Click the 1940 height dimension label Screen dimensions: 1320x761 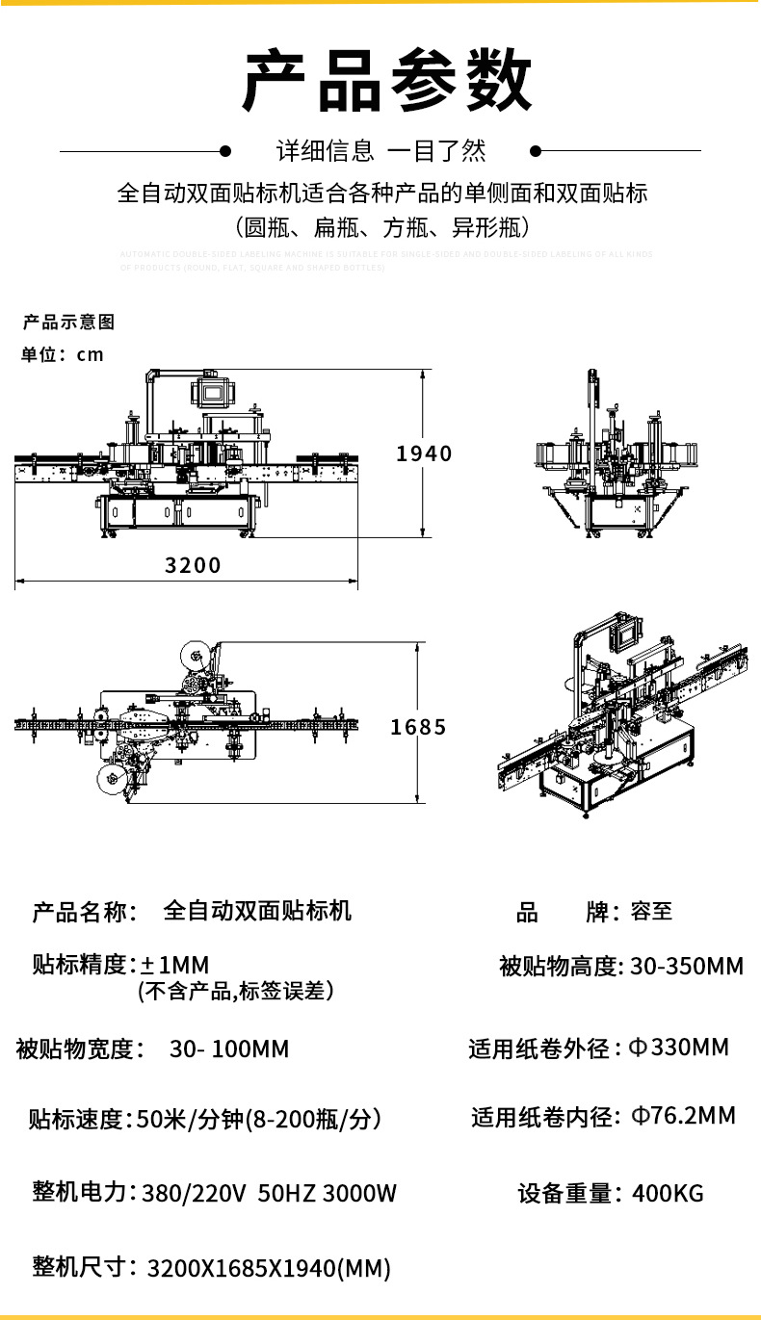click(x=424, y=453)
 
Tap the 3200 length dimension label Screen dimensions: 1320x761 click(x=193, y=565)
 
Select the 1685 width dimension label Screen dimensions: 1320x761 click(x=418, y=727)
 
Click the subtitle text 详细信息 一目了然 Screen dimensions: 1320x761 click(x=381, y=151)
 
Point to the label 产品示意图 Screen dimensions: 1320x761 click(x=68, y=323)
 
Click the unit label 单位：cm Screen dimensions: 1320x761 click(x=63, y=354)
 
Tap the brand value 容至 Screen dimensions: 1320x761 click(x=651, y=911)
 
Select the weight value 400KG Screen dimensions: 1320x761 click(x=668, y=1194)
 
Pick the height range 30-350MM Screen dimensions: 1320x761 click(x=687, y=966)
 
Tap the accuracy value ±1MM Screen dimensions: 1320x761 click(x=174, y=965)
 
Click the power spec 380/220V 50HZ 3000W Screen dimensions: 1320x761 click(x=269, y=1194)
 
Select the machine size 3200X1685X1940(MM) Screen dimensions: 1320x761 click(x=269, y=1268)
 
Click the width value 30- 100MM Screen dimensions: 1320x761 click(x=229, y=1048)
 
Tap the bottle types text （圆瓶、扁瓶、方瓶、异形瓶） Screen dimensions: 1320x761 click(x=381, y=228)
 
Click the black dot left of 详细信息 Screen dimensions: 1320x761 click(x=225, y=151)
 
